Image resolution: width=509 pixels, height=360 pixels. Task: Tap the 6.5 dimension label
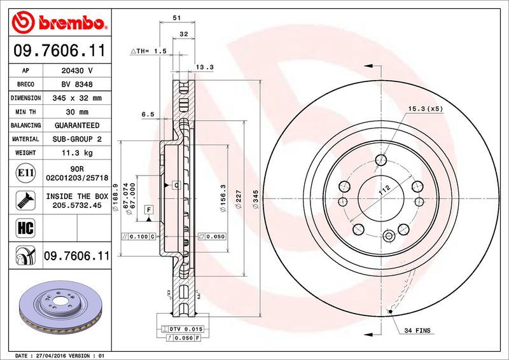point(148,114)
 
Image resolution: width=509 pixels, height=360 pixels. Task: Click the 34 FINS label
point(418,331)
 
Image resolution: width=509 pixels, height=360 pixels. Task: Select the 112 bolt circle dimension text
point(384,189)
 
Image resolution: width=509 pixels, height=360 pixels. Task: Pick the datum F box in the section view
point(148,209)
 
